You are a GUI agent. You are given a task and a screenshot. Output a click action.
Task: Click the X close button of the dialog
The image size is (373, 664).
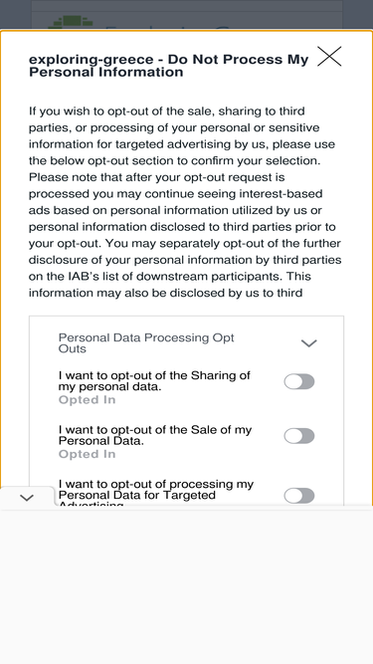329,57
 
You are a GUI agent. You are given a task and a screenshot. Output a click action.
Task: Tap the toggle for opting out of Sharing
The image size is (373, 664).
299,381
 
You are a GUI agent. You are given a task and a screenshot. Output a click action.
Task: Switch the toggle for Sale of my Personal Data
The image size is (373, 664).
299,436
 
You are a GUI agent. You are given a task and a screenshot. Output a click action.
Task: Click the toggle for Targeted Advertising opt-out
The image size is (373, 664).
299,496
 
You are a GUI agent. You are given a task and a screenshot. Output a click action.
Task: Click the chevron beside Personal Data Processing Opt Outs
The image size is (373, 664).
308,343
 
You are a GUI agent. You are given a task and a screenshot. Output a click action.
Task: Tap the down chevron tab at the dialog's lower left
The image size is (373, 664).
27,498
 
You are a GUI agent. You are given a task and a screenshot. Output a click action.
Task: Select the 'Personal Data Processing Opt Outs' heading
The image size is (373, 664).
146,343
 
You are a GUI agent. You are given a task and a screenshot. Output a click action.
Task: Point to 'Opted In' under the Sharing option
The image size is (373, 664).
87,400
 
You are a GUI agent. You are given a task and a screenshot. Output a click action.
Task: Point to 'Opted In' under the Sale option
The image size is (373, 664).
87,454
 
